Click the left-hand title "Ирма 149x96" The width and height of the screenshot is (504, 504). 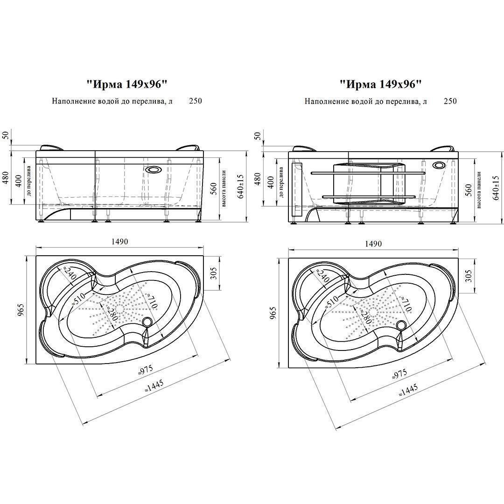coord(127,84)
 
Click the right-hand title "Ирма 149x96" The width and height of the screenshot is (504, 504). coord(380,84)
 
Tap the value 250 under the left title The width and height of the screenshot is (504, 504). coord(196,101)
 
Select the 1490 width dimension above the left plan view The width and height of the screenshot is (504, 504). coord(120,242)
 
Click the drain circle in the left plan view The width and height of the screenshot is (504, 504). coord(148,321)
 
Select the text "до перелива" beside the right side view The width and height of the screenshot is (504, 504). coord(281,182)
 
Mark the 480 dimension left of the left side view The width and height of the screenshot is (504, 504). coord(6,178)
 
